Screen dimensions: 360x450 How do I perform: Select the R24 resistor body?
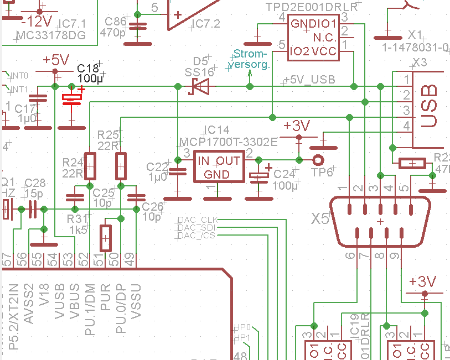pyautogui.click(x=90, y=165)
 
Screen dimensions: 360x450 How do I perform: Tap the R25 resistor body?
pyautogui.click(x=121, y=165)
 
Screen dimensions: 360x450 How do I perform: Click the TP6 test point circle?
pyautogui.click(x=318, y=160)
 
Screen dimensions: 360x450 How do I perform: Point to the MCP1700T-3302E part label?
pyautogui.click(x=228, y=142)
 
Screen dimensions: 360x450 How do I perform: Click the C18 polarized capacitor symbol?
pyautogui.click(x=71, y=98)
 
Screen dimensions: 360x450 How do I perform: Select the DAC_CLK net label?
pyautogui.click(x=197, y=220)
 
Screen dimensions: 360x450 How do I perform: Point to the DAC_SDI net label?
pyautogui.click(x=197, y=228)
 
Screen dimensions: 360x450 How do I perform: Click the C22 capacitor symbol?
pyautogui.click(x=178, y=171)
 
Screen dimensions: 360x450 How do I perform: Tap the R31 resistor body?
pyautogui.click(x=105, y=238)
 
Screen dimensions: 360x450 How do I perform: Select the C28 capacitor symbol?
pyautogui.click(x=32, y=209)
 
